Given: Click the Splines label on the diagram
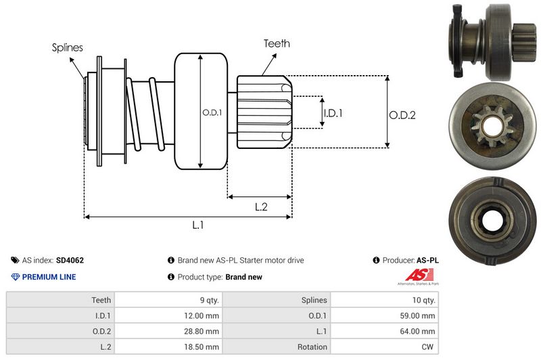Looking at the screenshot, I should pos(68,47).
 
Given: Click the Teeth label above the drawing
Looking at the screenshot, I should pos(277,43).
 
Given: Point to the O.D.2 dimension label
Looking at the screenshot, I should pos(402,115).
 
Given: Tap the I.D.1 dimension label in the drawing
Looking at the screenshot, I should pos(333,113).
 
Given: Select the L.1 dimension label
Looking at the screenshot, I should pos(198,225).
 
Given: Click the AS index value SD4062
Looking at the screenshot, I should pos(70,260).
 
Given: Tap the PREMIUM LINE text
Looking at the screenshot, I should pos(49,277).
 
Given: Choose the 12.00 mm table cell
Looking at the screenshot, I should pos(203,315).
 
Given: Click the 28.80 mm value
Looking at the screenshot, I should pos(203,331).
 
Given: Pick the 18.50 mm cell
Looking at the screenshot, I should pos(203,347).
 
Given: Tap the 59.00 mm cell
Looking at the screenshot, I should pos(419,315).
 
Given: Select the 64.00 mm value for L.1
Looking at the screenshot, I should pos(419,331).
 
